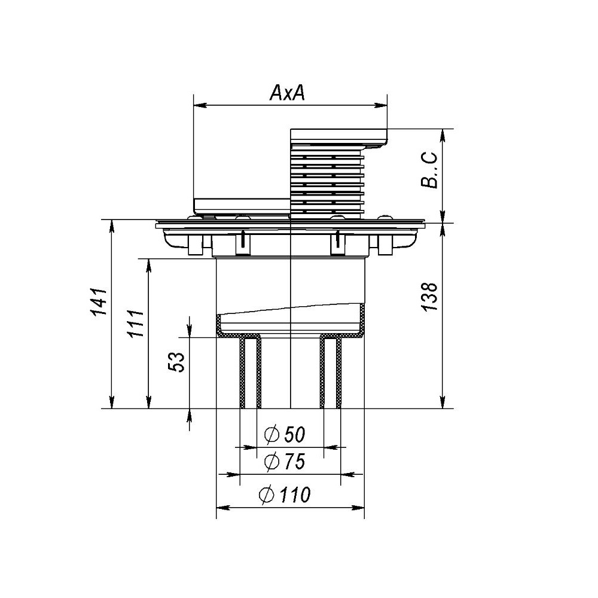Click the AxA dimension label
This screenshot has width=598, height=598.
[288, 93]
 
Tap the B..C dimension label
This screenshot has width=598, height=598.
[429, 170]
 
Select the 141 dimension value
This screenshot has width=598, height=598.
[99, 302]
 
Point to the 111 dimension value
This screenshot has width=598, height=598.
[135, 324]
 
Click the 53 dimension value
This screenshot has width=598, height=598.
[176, 362]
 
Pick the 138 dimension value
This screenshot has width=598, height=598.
[429, 297]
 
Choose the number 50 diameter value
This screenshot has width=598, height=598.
[294, 435]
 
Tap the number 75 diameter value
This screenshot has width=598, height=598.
[294, 462]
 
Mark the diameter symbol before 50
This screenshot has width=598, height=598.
[272, 435]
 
